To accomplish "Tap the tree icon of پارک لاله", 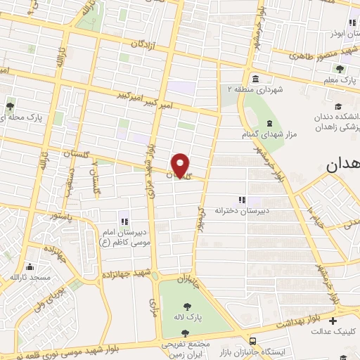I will (188, 306).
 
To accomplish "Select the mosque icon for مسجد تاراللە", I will (30, 267).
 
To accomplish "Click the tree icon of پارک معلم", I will (340, 69).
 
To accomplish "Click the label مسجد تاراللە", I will (30, 278).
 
